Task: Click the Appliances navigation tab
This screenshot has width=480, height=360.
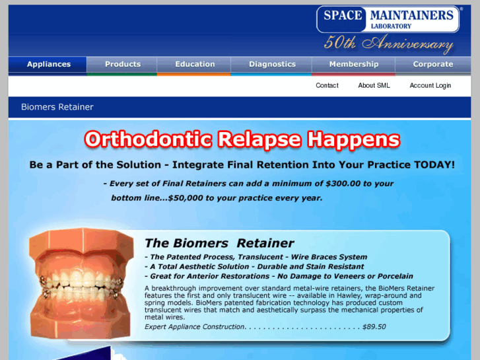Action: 48,64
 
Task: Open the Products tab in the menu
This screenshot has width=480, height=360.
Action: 123,64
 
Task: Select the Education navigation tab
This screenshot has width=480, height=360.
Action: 195,64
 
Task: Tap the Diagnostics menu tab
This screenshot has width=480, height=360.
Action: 272,64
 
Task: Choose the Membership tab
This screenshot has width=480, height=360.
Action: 354,64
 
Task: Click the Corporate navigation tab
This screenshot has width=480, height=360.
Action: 433,64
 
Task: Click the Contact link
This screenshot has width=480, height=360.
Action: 327,85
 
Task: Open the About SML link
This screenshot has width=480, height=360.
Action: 374,85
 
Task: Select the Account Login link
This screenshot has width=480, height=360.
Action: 430,85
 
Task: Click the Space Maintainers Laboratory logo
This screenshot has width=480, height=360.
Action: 388,19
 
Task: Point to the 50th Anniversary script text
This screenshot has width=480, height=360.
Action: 388,44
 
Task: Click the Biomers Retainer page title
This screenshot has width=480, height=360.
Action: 57,107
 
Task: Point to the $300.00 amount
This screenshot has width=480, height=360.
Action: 337,184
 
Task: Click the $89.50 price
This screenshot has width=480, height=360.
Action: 374,326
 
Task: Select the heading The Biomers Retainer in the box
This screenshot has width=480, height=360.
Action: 219,243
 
